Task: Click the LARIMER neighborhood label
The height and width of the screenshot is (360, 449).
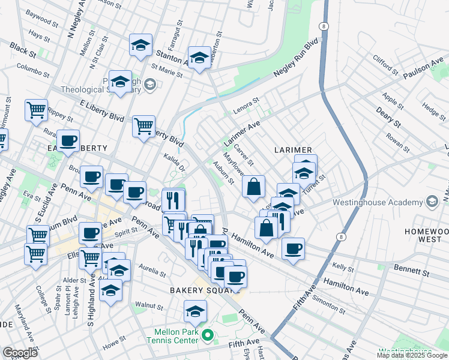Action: click(294, 149)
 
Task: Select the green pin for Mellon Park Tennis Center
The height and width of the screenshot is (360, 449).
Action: click(207, 334)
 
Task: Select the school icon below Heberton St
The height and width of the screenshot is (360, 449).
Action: click(199, 58)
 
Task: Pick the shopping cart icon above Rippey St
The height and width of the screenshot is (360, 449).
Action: click(36, 110)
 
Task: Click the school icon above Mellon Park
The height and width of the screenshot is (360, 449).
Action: click(195, 311)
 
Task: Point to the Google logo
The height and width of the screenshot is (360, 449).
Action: click(20, 352)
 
